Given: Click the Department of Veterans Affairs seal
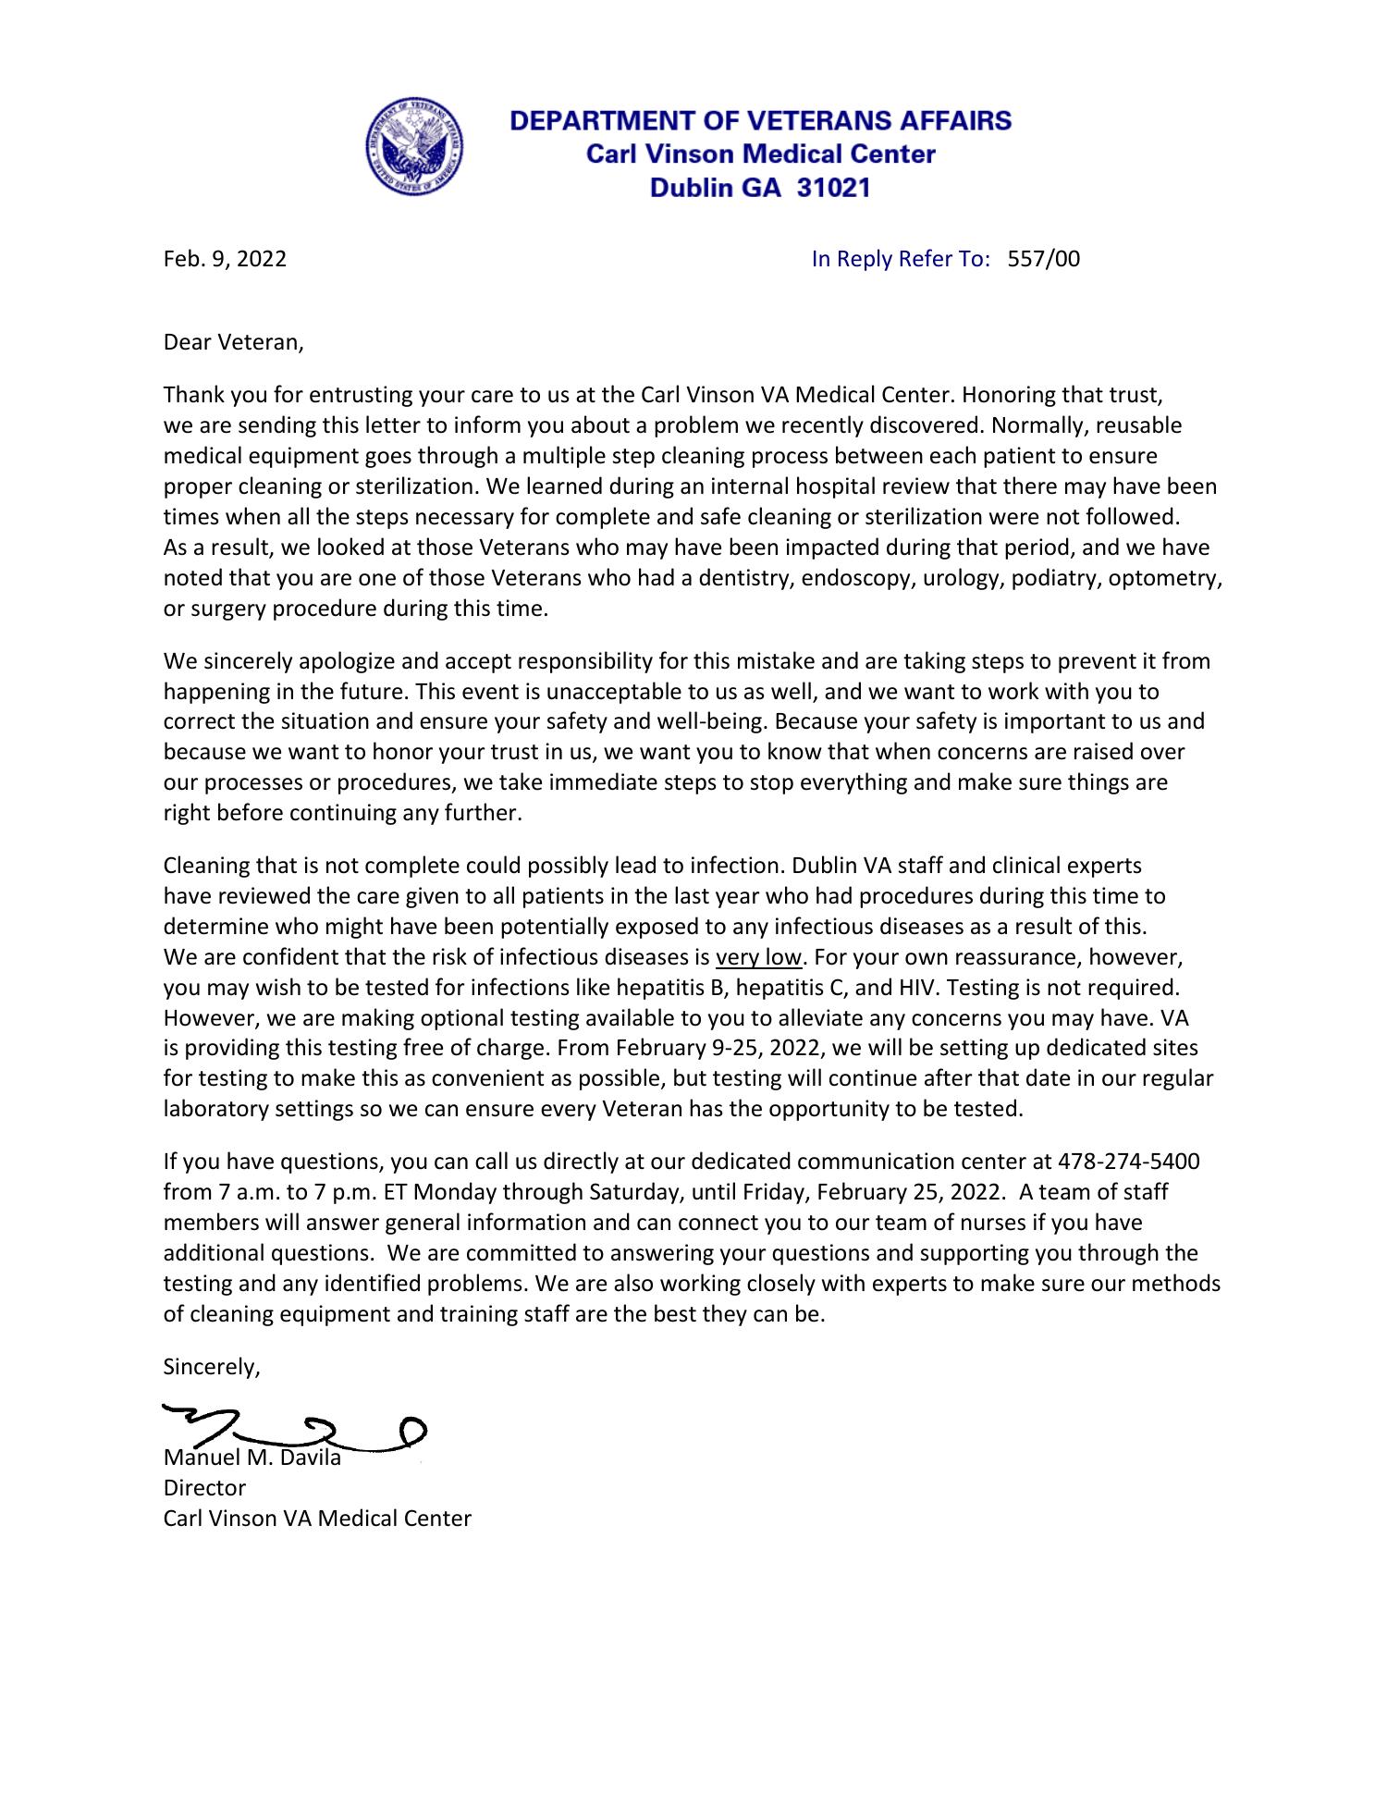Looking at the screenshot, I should coord(413,148).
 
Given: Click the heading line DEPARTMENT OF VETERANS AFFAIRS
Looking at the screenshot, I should coord(761,120).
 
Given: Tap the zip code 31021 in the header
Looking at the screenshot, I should coord(833,189).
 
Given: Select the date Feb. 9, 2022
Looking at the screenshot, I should coord(225,259).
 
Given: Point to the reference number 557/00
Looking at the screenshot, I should coord(1043,259).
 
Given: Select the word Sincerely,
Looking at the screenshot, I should coord(212,1367).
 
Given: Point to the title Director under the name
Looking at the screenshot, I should coord(204,1488).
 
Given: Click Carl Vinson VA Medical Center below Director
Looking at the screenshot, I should coord(317,1519).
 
